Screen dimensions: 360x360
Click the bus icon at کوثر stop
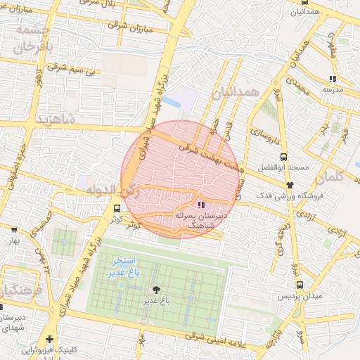click(117, 208)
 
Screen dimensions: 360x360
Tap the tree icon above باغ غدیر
click(156, 289)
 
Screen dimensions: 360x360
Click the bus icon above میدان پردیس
click(300, 285)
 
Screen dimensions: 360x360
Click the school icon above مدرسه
click(332, 79)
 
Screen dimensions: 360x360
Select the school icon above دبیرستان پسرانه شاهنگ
click(201, 205)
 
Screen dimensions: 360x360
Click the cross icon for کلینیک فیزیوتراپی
click(49, 340)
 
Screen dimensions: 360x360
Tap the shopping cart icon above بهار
click(14, 229)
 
